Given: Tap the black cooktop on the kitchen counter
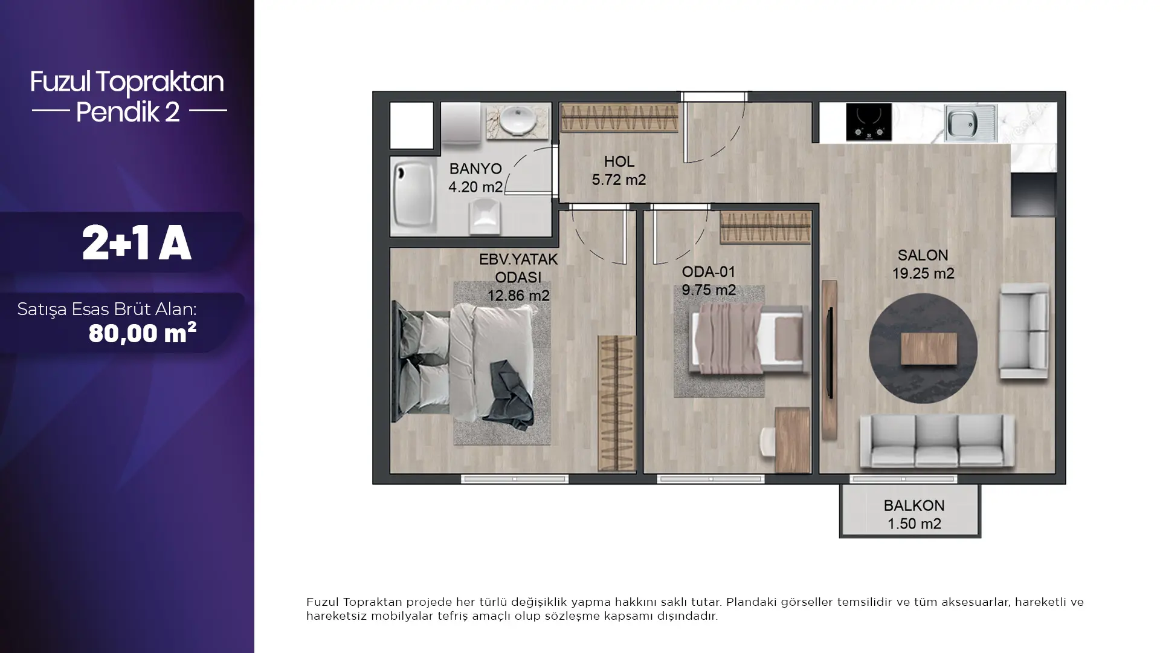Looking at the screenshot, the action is pos(869,122).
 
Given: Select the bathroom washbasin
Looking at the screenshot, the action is pos(519,120).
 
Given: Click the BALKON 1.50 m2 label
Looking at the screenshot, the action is pos(913,515).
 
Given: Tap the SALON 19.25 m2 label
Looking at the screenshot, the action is pos(923,264).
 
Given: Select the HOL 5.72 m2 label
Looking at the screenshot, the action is pos(619,171).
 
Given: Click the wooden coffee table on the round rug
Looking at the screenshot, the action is pos(929,349).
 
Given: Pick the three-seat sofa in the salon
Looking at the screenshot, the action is pos(937,440).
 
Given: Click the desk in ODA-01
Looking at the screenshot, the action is pos(792,440).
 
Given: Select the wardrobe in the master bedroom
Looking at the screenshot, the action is pos(617,403).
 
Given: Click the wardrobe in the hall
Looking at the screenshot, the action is pos(619,118).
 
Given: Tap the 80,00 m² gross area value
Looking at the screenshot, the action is pos(143,333).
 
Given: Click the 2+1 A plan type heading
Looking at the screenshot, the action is pos(137,243).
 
